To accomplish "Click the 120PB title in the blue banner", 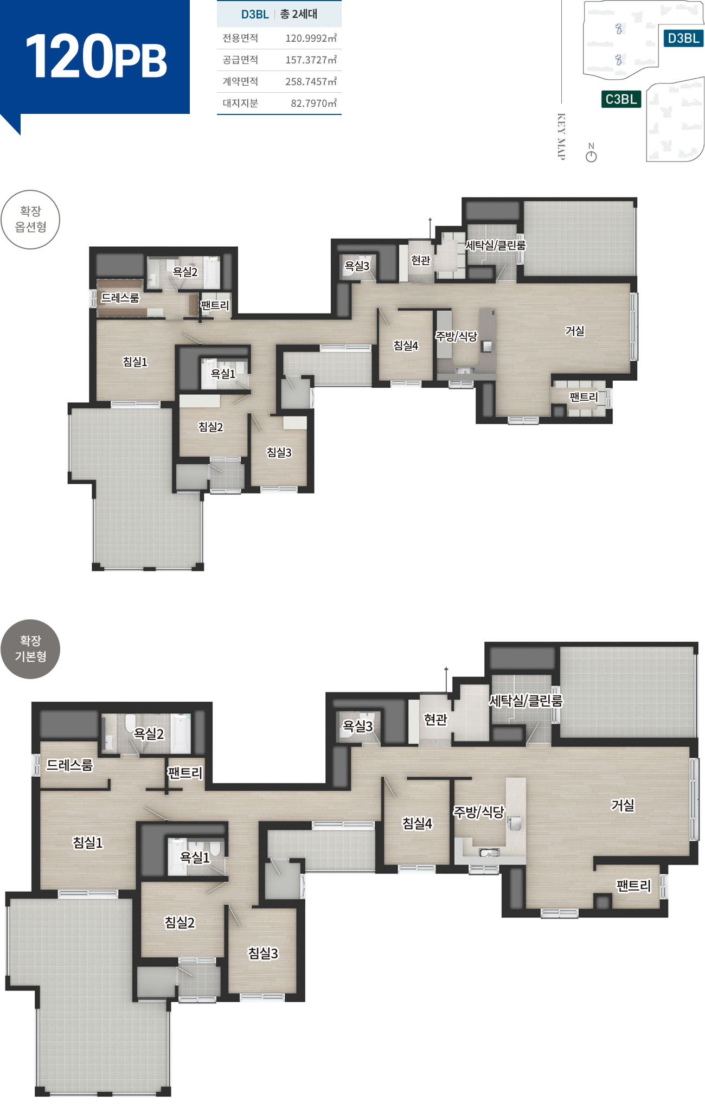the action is click(x=96, y=56).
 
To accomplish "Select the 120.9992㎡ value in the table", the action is click(x=311, y=38).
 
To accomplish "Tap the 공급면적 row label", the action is click(x=240, y=60).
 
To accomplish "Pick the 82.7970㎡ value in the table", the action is click(x=313, y=103).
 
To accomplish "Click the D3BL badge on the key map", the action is click(x=683, y=38).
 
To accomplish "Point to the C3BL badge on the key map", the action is click(x=621, y=99).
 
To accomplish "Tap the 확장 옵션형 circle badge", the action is click(x=30, y=220).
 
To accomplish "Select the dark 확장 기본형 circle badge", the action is click(x=30, y=649).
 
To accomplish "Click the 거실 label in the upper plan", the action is click(x=575, y=331).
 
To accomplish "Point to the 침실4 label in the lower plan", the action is click(x=417, y=823).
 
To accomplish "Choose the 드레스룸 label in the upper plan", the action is click(x=120, y=298).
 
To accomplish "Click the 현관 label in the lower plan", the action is click(x=435, y=719).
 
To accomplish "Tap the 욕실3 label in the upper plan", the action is click(x=357, y=266).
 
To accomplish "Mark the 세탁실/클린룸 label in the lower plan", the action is click(x=526, y=701).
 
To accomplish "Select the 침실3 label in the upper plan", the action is click(x=279, y=452).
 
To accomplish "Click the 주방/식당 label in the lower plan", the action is click(x=479, y=812).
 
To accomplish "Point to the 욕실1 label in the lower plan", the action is click(x=195, y=857).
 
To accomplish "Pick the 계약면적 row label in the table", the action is click(x=240, y=81).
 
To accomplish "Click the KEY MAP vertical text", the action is click(x=561, y=137).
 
